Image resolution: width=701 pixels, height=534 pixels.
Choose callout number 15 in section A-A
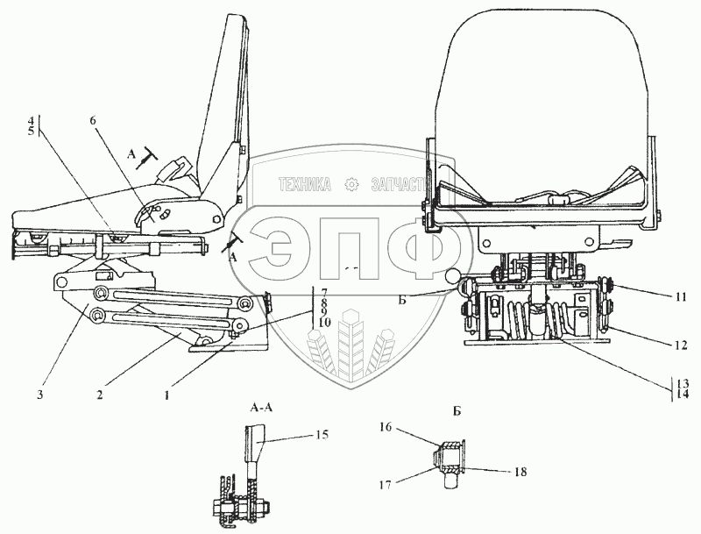[322, 434]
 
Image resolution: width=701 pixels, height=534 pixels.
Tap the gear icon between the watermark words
[351, 185]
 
